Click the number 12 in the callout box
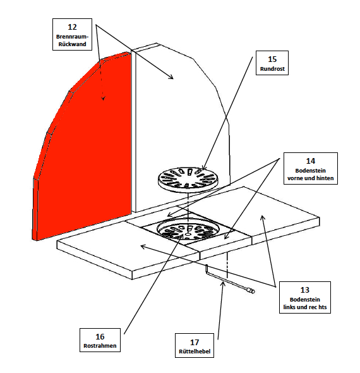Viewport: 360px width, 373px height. pos(72,27)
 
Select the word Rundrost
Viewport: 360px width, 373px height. pos(272,69)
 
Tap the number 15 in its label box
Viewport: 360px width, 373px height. pos(272,59)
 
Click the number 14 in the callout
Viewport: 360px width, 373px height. pos(311,161)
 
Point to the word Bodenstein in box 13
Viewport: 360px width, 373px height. pos(305,300)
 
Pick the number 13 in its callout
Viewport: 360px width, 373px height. pos(305,290)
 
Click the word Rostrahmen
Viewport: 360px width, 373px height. pos(100,346)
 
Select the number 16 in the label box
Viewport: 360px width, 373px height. pos(100,336)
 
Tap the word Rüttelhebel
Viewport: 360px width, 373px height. pos(195,352)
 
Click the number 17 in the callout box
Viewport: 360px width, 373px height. pos(195,342)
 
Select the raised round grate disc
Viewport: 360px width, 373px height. pos(188,179)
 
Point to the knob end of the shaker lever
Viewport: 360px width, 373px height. pos(251,291)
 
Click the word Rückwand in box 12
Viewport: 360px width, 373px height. pos(72,44)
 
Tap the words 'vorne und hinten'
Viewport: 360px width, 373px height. pos(311,178)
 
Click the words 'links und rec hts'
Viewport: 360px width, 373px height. pos(305,307)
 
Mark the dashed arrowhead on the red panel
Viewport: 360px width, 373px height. pos(103,98)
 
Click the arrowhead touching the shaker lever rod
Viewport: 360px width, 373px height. pos(222,284)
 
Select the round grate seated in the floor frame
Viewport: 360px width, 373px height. pos(188,229)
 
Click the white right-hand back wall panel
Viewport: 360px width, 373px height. pos(182,126)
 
